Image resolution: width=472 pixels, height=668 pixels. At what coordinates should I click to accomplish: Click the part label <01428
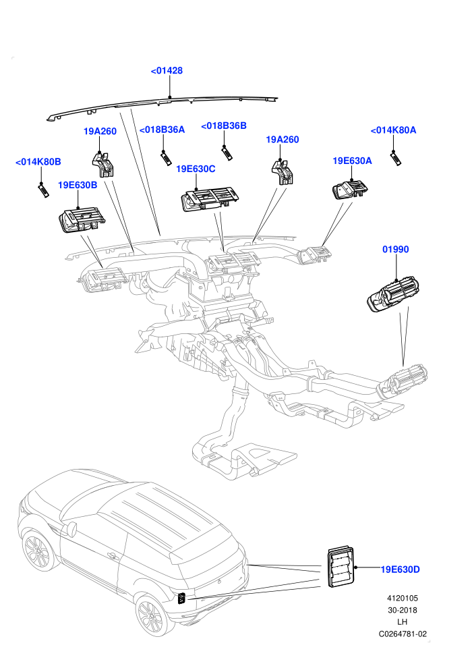coord(167,71)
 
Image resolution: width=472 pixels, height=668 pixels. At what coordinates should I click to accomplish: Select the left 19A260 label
coord(100,131)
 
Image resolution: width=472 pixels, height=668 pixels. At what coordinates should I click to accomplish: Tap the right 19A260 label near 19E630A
coord(282,139)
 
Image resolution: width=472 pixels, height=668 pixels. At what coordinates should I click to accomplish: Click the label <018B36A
coord(162,130)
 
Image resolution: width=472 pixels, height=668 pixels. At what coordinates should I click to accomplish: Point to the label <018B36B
coord(223,126)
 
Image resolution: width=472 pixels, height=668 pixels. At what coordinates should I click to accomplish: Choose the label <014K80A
coord(393,130)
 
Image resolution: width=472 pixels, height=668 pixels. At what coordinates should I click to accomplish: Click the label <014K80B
coord(38,162)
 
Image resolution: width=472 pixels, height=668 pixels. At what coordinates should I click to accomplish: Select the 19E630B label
coord(78,185)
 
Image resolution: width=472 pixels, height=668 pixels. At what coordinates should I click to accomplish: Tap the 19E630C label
coord(196,169)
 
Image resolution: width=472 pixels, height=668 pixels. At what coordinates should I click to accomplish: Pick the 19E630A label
coord(352,161)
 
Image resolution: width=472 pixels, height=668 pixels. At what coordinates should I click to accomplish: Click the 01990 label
coord(395,249)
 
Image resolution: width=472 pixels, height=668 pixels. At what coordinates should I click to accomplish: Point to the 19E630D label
coord(400,569)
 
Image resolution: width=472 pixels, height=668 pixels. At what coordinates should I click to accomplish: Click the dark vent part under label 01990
coord(393,296)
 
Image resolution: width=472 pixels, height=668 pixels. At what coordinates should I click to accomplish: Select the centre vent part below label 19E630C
coord(210,200)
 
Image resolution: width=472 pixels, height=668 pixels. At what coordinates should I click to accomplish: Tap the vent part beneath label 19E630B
coord(82,220)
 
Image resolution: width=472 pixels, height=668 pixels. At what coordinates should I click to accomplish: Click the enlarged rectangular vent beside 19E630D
coord(341,567)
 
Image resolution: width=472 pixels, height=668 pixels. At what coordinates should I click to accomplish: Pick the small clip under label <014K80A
coord(396,159)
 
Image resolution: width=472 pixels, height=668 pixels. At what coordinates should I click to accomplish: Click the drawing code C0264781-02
coord(403,634)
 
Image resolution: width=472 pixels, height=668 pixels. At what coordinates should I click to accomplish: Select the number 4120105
coord(403,598)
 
